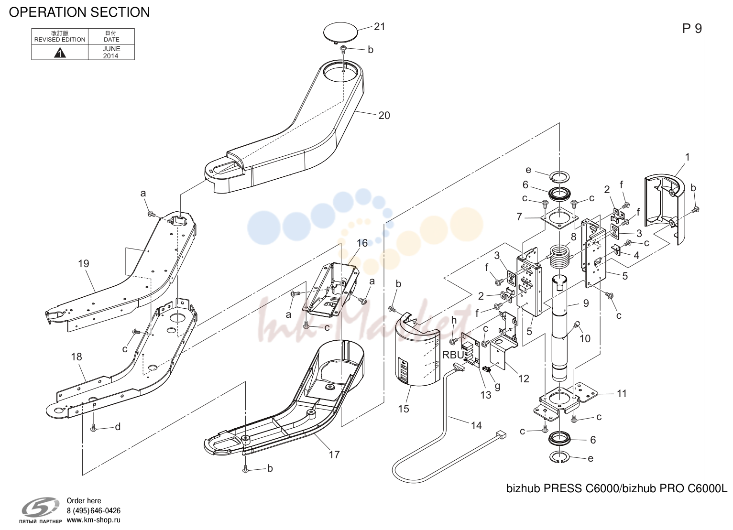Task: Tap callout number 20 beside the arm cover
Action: pos(384,116)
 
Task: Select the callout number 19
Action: pos(84,263)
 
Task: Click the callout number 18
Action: pos(77,357)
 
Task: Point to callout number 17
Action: pos(334,454)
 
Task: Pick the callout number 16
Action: pos(362,243)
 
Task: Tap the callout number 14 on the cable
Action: pos(476,425)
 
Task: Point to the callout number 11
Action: pos(622,393)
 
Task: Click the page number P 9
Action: pos(692,29)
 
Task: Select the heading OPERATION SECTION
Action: pos(79,12)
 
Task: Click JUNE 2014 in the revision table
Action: pos(111,53)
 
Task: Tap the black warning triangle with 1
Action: pos(60,53)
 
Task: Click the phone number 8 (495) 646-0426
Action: pos(94,510)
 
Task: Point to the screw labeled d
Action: pos(93,427)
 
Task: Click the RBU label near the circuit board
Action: pos(453,355)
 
